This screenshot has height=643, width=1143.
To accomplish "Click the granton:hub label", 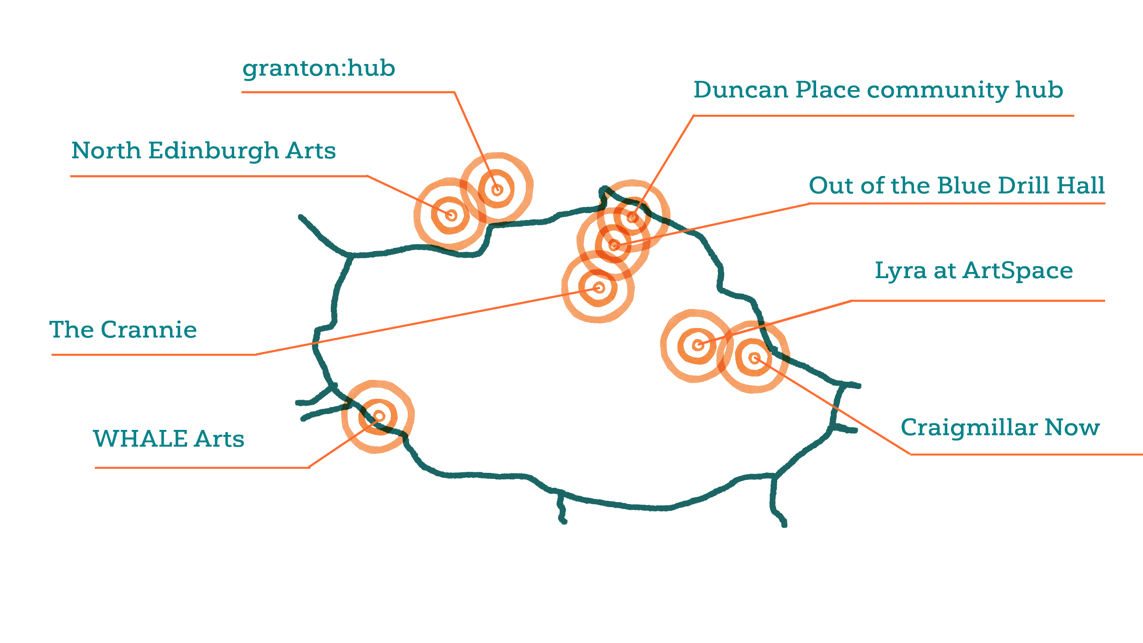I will [318, 69].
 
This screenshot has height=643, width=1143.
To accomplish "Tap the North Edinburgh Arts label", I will [203, 151].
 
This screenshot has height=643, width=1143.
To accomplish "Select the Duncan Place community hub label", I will [878, 90].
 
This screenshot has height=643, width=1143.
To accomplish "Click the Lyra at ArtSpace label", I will [974, 271].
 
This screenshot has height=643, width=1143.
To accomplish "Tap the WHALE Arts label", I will [168, 439].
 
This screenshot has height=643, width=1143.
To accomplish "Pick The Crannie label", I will [123, 330].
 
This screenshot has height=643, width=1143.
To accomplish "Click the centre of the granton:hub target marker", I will [497, 189].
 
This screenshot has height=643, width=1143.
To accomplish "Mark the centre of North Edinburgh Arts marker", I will [451, 215].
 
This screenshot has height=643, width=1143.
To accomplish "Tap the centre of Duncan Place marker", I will [632, 217].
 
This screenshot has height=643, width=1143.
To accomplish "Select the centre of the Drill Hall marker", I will [614, 245].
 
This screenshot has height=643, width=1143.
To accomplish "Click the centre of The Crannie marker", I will [598, 288].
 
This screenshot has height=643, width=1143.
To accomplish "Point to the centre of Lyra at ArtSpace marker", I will [698, 345].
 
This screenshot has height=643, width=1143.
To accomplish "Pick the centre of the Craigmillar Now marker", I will [755, 358].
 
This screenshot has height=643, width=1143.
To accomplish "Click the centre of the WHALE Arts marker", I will [379, 416].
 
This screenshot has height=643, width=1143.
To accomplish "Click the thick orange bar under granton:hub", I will [347, 96].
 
